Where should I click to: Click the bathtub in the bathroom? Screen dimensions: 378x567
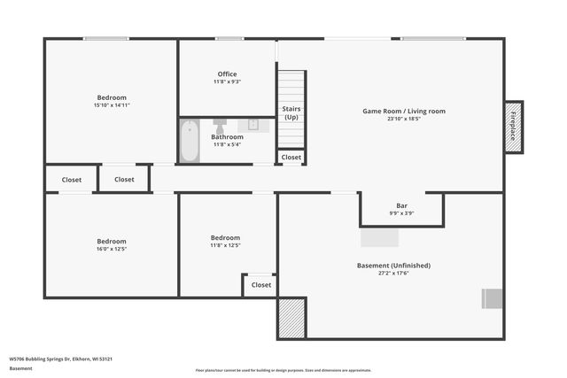click(x=190, y=143)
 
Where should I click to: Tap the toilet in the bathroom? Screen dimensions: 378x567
click(x=221, y=124)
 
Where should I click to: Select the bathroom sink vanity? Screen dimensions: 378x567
click(x=252, y=124)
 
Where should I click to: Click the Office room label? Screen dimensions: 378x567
click(x=227, y=74)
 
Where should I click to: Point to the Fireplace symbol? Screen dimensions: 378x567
click(x=513, y=127)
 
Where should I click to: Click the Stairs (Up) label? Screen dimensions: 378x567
click(x=291, y=112)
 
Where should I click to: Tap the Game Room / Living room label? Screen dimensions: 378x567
click(x=403, y=111)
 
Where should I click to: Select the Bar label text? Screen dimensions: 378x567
click(x=401, y=205)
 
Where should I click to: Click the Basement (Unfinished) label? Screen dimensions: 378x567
click(x=393, y=265)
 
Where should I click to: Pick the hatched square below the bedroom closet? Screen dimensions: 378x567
click(x=291, y=318)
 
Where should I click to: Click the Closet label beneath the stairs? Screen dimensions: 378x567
click(x=291, y=158)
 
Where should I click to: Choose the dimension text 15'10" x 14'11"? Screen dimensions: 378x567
click(x=112, y=105)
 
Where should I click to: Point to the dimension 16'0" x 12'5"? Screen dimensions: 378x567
click(x=112, y=249)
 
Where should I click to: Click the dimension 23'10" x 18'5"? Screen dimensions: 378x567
click(x=403, y=119)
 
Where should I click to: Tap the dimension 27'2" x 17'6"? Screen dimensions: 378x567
click(x=393, y=273)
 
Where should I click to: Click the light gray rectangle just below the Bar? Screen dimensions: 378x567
click(x=379, y=238)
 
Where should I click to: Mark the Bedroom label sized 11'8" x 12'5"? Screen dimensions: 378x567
click(x=224, y=237)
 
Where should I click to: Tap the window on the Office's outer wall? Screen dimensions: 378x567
click(x=229, y=38)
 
